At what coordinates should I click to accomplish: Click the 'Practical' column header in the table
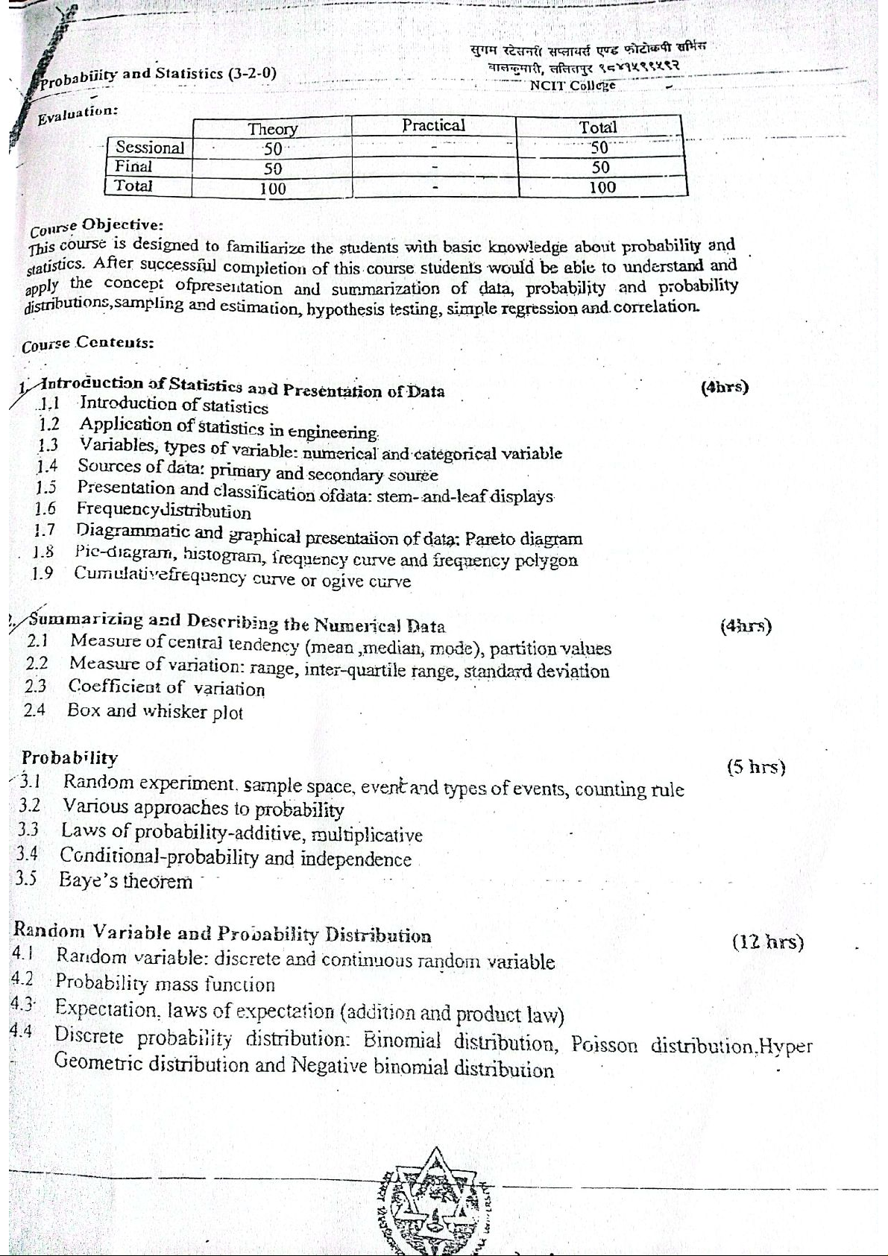[433, 125]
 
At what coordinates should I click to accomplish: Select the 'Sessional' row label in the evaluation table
[149, 148]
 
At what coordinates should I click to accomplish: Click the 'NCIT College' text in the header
[572, 85]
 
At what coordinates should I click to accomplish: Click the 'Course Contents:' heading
[88, 344]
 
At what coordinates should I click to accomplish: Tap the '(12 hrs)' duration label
[768, 942]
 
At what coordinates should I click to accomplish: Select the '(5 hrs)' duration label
[756, 767]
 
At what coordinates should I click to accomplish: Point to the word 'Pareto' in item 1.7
[491, 538]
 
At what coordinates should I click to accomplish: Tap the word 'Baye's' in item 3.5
[88, 880]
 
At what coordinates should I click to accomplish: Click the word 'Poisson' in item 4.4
[605, 1044]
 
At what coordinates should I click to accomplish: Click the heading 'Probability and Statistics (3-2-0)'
[158, 76]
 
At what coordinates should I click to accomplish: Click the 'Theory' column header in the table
[272, 129]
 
